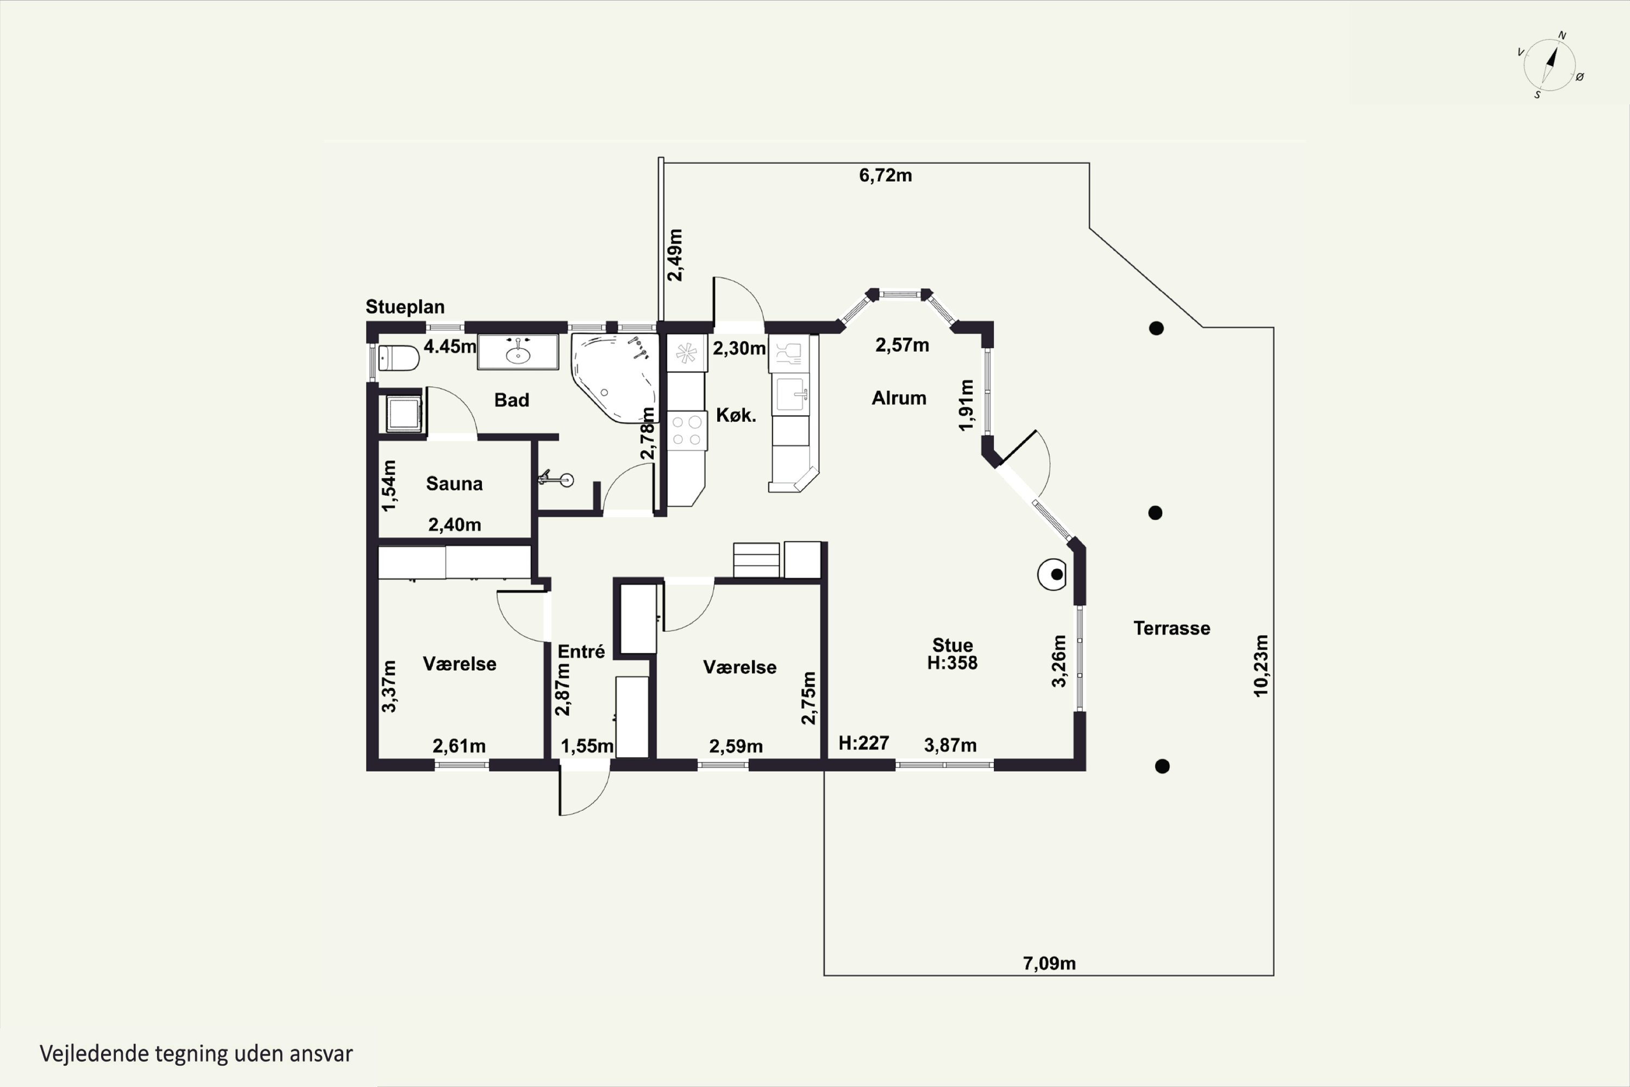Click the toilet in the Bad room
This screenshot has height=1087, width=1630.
point(398,358)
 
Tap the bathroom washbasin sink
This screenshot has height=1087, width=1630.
point(518,352)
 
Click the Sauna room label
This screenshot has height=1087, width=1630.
point(454,483)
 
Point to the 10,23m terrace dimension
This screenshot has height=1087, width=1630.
point(1261,665)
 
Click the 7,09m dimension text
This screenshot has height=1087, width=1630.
point(1049,963)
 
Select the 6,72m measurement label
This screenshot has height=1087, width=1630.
point(885,176)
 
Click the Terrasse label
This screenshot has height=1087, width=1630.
point(1172,628)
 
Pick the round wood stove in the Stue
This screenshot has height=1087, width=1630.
point(1051,574)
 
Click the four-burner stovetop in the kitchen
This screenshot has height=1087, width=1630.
point(687,430)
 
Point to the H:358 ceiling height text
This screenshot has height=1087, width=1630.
point(952,663)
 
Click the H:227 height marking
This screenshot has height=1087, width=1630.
point(863,743)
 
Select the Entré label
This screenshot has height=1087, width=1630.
point(581,651)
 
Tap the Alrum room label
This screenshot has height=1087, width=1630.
point(899,398)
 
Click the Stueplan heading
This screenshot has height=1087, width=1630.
point(405,307)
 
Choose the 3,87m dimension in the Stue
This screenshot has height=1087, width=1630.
point(950,745)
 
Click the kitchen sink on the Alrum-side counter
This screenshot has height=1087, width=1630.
point(791,395)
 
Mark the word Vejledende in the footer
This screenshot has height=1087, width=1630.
point(94,1054)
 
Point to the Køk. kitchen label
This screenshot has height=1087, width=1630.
point(736,415)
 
